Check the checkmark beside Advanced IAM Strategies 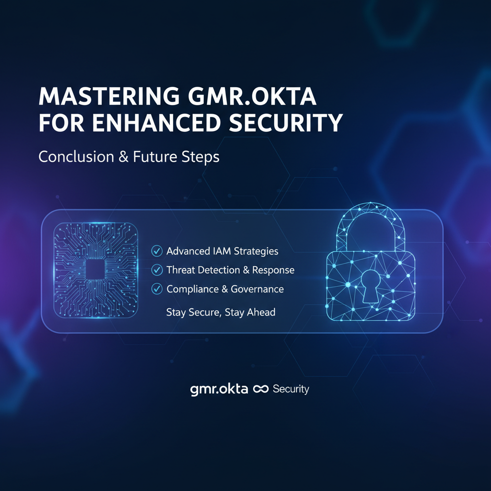pos(157,251)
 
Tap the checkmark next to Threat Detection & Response pos(157,270)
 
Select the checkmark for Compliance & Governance pos(157,289)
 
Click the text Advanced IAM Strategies pos(222,251)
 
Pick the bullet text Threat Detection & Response pos(230,270)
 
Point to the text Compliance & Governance pos(225,289)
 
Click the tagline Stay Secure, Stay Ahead pos(221,313)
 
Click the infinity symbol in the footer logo pos(260,389)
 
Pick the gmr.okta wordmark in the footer pos(219,389)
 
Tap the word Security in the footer pos(291,389)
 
